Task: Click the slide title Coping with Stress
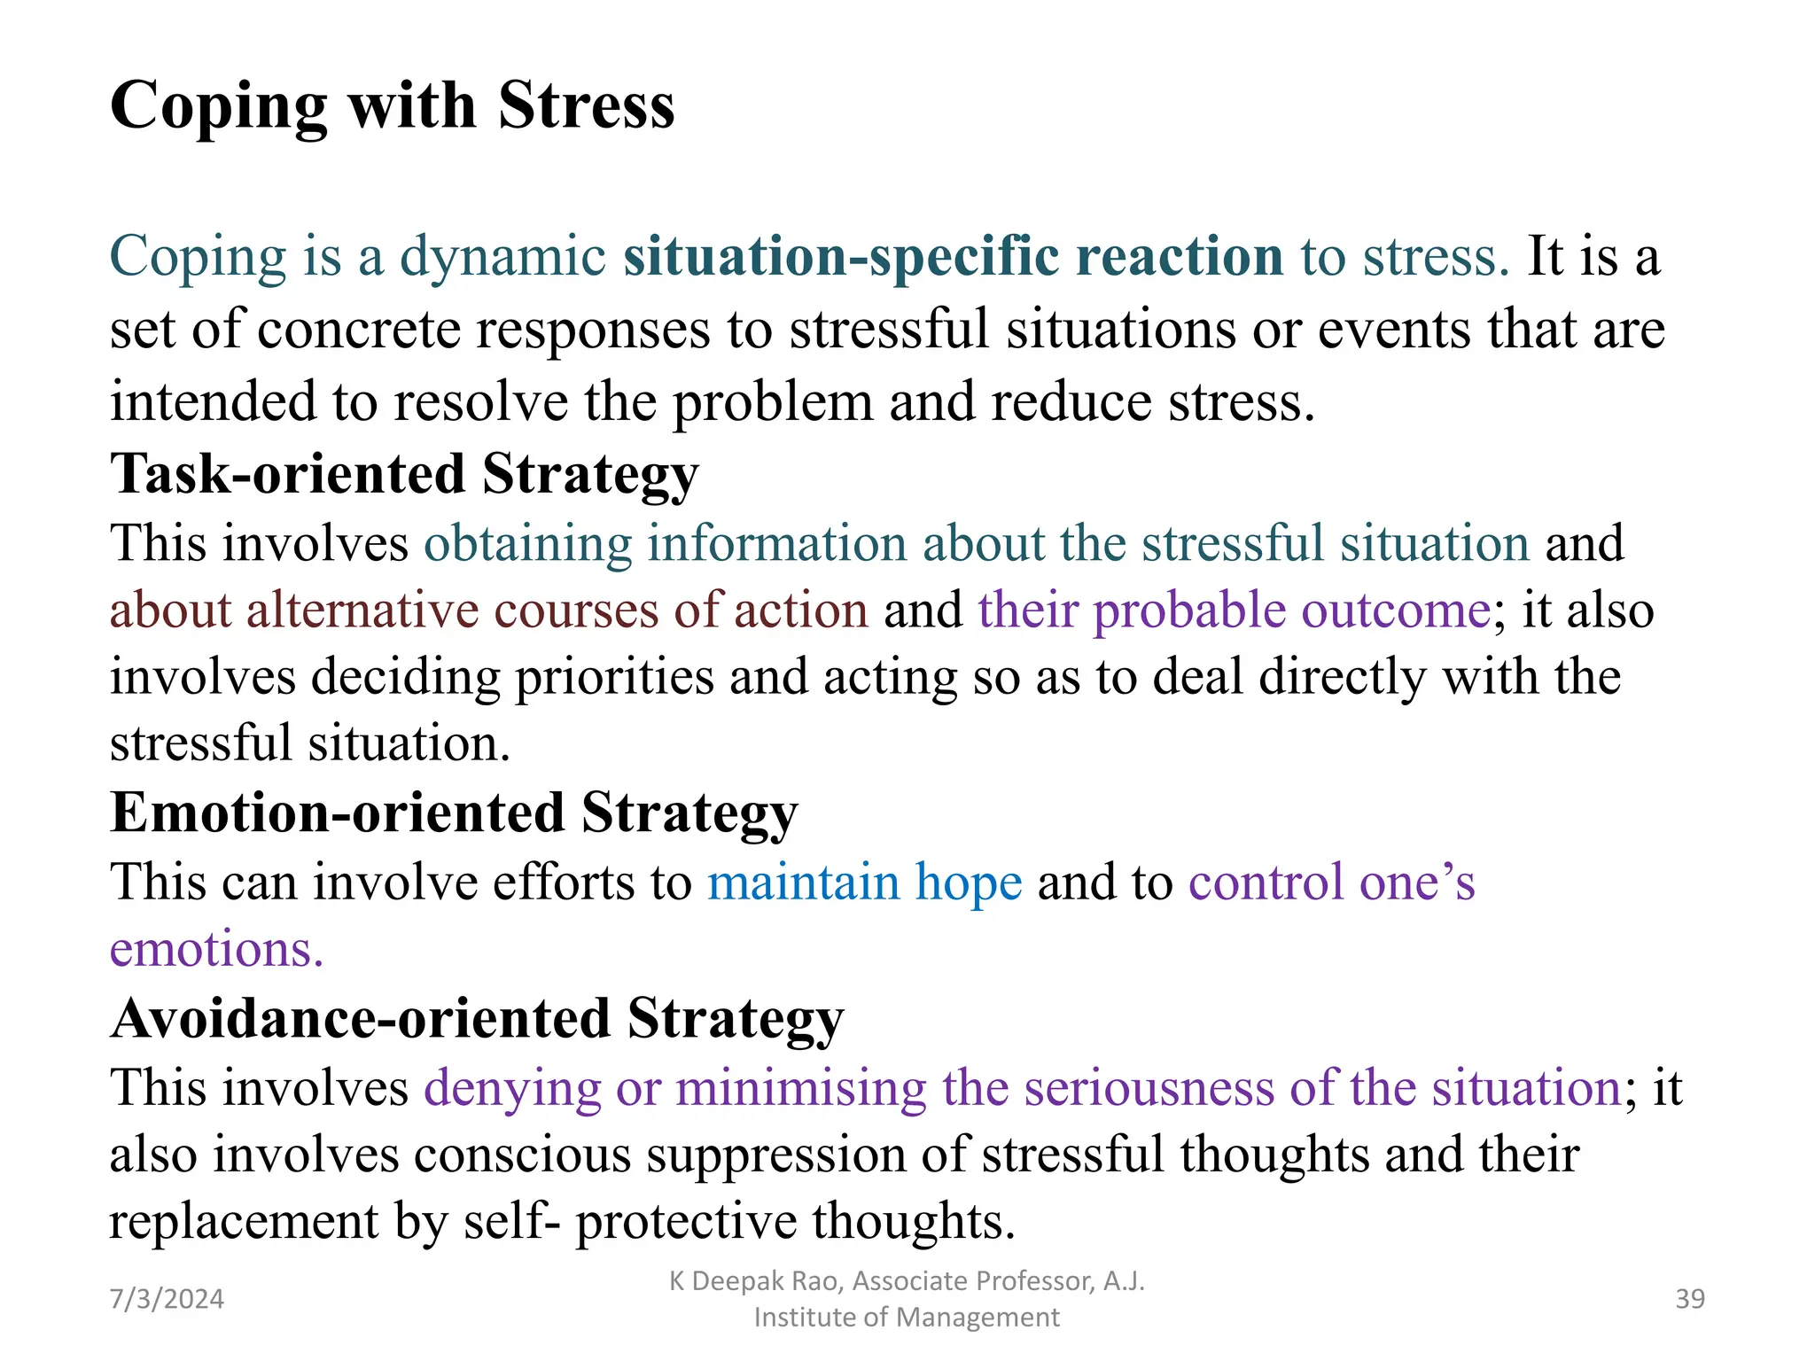click(x=392, y=106)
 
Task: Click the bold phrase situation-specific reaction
click(x=953, y=257)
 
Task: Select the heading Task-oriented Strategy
click(x=404, y=474)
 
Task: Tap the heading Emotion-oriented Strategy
click(x=454, y=813)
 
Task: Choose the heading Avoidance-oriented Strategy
click(x=477, y=1019)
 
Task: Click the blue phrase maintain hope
click(x=864, y=883)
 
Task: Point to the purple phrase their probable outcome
click(x=1234, y=611)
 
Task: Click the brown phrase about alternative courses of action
click(x=488, y=611)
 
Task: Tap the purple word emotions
click(x=216, y=950)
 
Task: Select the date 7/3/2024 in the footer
click(x=167, y=1299)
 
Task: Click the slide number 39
click(x=1690, y=1299)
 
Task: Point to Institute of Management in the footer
click(x=906, y=1318)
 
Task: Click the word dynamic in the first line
click(x=502, y=257)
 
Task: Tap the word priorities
click(x=614, y=678)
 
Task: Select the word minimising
click(x=800, y=1088)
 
